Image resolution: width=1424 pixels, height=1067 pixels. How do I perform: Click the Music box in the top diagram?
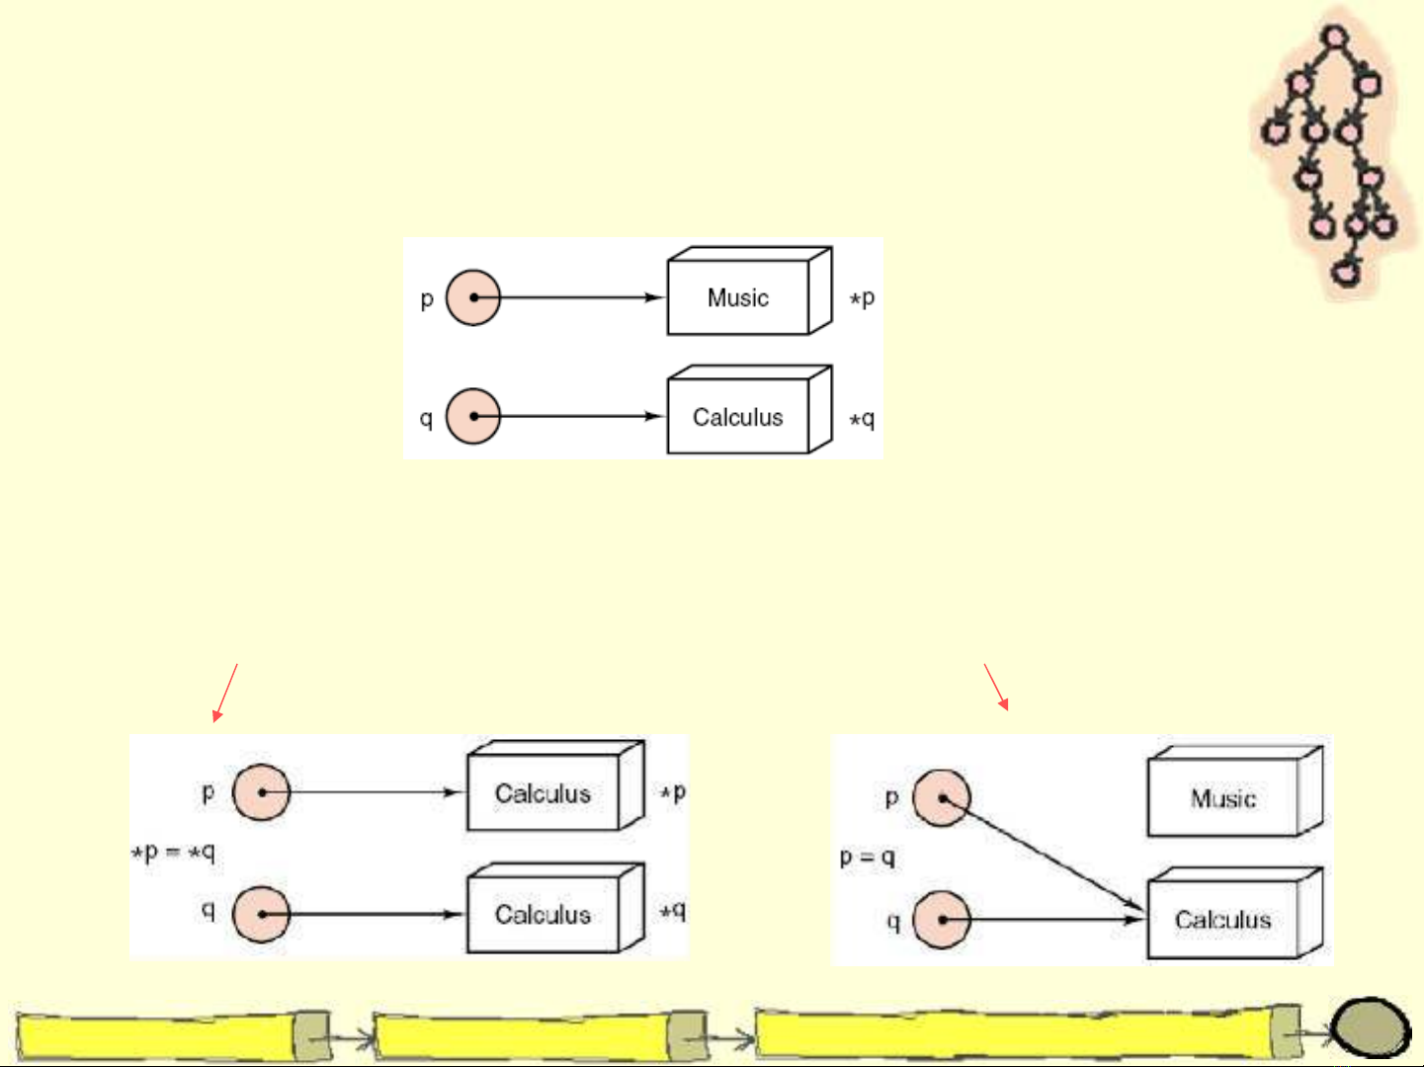(x=738, y=297)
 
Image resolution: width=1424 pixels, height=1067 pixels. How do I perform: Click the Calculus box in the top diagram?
(x=738, y=417)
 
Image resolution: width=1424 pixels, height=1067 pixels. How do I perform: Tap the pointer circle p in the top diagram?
(x=473, y=297)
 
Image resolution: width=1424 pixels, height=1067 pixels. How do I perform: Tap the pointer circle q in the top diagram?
(x=473, y=416)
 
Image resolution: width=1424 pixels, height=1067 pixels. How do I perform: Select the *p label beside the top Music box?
(x=863, y=297)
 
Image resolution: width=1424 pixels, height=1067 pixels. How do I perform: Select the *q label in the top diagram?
(x=863, y=419)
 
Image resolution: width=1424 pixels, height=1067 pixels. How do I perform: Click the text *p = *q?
(x=174, y=852)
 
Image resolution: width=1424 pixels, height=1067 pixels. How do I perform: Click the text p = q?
(x=868, y=857)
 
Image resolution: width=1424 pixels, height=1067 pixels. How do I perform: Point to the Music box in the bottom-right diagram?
(x=1223, y=798)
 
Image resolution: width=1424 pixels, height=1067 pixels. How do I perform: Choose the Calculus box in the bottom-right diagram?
(x=1223, y=920)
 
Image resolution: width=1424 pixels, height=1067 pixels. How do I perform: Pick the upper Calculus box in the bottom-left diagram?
(x=543, y=793)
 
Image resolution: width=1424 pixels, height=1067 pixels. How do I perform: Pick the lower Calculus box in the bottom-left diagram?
(x=543, y=914)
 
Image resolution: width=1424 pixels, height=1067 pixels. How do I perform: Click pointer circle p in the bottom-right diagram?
(x=942, y=798)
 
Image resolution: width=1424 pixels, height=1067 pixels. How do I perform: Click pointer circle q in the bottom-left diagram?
(x=262, y=914)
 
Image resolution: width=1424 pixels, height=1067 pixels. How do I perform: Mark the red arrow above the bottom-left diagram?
(x=225, y=693)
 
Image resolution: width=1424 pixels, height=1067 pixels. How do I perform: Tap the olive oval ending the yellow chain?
(x=1370, y=1027)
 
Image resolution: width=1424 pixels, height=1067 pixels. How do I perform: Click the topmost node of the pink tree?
(x=1334, y=39)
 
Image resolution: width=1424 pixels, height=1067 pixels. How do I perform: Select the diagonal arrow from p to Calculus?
(x=1043, y=854)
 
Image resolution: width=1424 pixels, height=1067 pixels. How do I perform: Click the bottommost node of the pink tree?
(x=1345, y=271)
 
